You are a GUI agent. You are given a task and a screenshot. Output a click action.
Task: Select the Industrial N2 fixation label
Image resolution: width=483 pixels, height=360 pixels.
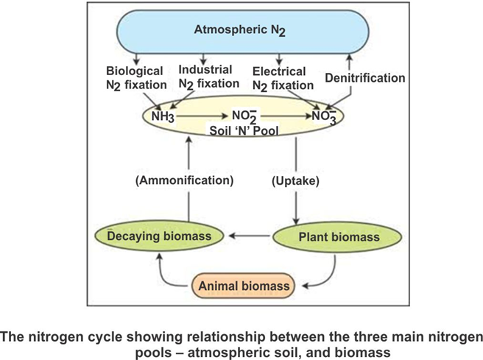[x=209, y=76]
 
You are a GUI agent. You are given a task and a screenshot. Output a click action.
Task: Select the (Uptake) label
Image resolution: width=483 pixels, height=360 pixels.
[x=296, y=180]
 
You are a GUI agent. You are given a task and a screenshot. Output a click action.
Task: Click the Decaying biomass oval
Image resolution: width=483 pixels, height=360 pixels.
[x=159, y=236]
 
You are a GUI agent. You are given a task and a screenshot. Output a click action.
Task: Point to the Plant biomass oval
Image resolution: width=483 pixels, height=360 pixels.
[x=339, y=237]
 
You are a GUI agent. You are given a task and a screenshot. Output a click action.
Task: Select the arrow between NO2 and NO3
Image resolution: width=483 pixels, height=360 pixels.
[x=283, y=116]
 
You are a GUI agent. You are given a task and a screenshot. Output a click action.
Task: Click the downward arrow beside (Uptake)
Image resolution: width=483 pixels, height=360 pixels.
[x=296, y=199]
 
